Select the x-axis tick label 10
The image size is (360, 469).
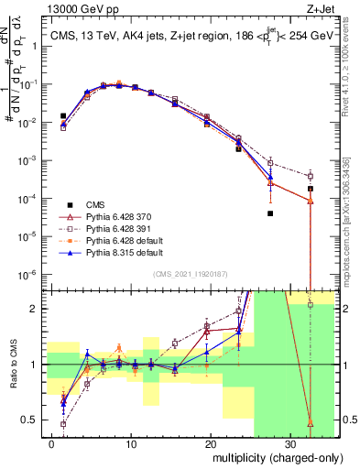(132, 442)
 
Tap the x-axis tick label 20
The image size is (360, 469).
(211, 442)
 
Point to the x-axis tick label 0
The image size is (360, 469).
(52, 442)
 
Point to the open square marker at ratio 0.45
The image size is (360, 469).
(63, 424)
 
